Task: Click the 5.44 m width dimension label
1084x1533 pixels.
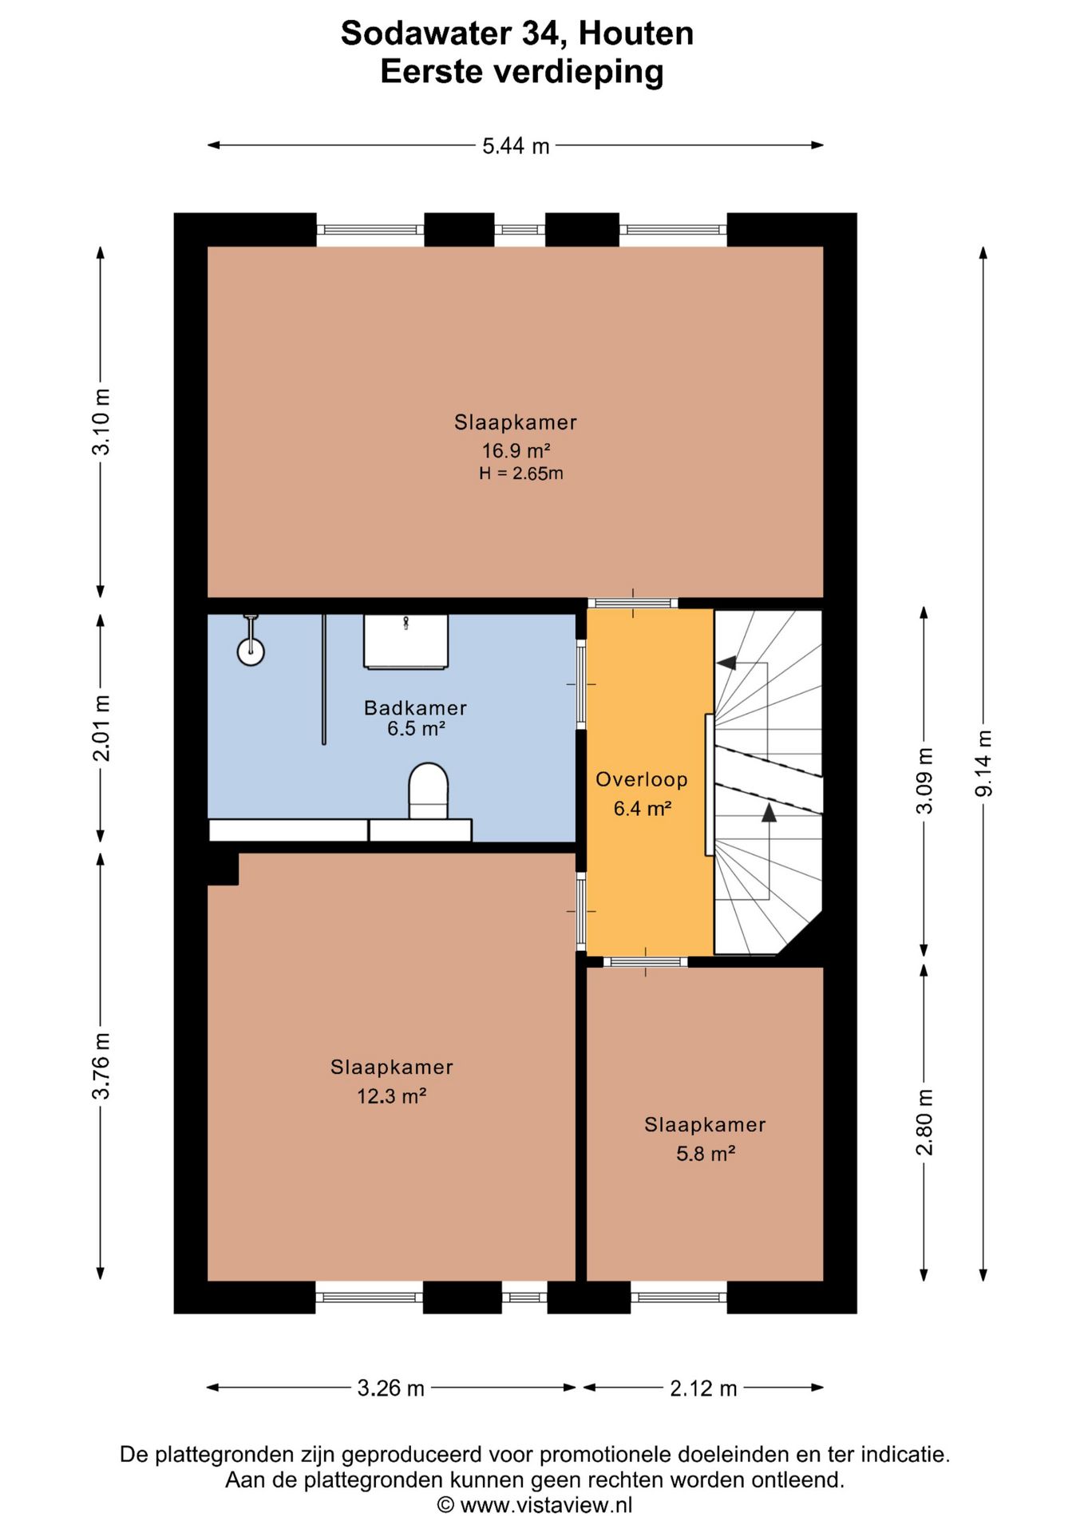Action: pos(516,146)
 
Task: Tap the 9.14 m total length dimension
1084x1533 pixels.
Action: pos(983,763)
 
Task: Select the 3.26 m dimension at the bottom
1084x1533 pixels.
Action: pos(390,1388)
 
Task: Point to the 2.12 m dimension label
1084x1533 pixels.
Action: pos(703,1388)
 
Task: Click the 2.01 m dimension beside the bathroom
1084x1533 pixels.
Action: pos(101,727)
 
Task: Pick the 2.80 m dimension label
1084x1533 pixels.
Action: pos(924,1122)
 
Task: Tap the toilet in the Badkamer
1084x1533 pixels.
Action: pos(429,790)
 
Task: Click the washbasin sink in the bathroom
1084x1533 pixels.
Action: pos(406,641)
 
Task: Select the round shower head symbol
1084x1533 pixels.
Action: pos(251,652)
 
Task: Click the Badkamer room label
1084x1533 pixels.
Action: pos(415,707)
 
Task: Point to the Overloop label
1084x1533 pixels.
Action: pos(642,779)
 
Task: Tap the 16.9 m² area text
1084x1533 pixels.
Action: pos(516,451)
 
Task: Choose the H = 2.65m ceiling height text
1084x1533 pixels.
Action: pos(521,473)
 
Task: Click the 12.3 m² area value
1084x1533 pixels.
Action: pos(391,1096)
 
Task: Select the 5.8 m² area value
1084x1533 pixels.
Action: pos(706,1154)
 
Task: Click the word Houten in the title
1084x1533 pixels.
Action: pos(635,34)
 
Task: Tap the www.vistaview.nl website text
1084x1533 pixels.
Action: pos(546,1505)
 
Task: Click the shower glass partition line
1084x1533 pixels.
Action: pos(324,679)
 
